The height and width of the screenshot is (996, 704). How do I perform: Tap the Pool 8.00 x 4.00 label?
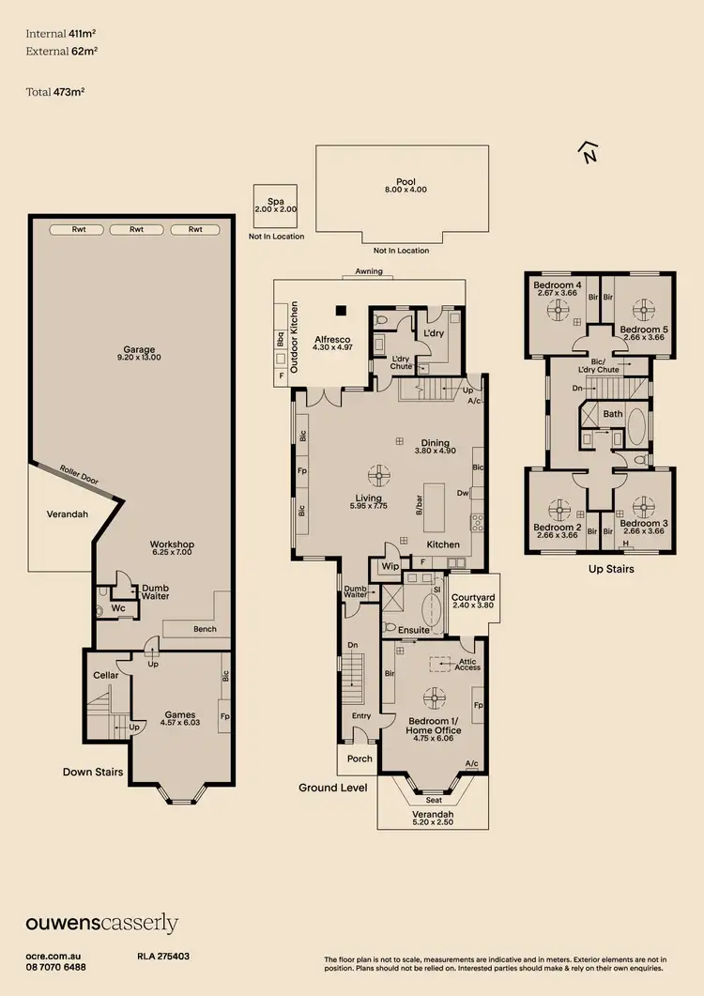(406, 186)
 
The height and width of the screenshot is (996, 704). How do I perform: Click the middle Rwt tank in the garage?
(136, 229)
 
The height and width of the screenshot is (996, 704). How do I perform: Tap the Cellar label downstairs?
(105, 675)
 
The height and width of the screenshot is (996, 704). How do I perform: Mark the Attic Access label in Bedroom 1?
(467, 664)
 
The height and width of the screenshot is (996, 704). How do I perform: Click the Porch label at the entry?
(360, 758)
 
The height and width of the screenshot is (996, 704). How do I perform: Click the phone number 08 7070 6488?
(55, 967)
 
